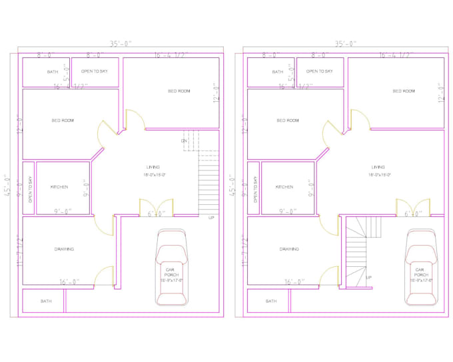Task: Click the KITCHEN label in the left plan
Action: coord(59,187)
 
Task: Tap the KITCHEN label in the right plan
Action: coord(284,187)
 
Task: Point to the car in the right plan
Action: coord(421,267)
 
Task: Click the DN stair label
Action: coord(183,141)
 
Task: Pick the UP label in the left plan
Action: coord(211,218)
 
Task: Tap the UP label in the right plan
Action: coord(368,277)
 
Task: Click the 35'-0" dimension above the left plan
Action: coord(121,44)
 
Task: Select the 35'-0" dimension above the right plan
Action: coord(346,44)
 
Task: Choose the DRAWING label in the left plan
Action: coord(64,250)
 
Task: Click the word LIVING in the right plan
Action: coord(378,167)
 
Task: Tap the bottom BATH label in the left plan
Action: coord(46,301)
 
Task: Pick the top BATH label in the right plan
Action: coord(277,72)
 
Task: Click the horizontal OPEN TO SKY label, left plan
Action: coord(95,71)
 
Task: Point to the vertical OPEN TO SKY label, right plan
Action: coord(255,189)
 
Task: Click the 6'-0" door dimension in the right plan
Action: coord(413,214)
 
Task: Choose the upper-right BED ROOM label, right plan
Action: coord(404,91)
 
